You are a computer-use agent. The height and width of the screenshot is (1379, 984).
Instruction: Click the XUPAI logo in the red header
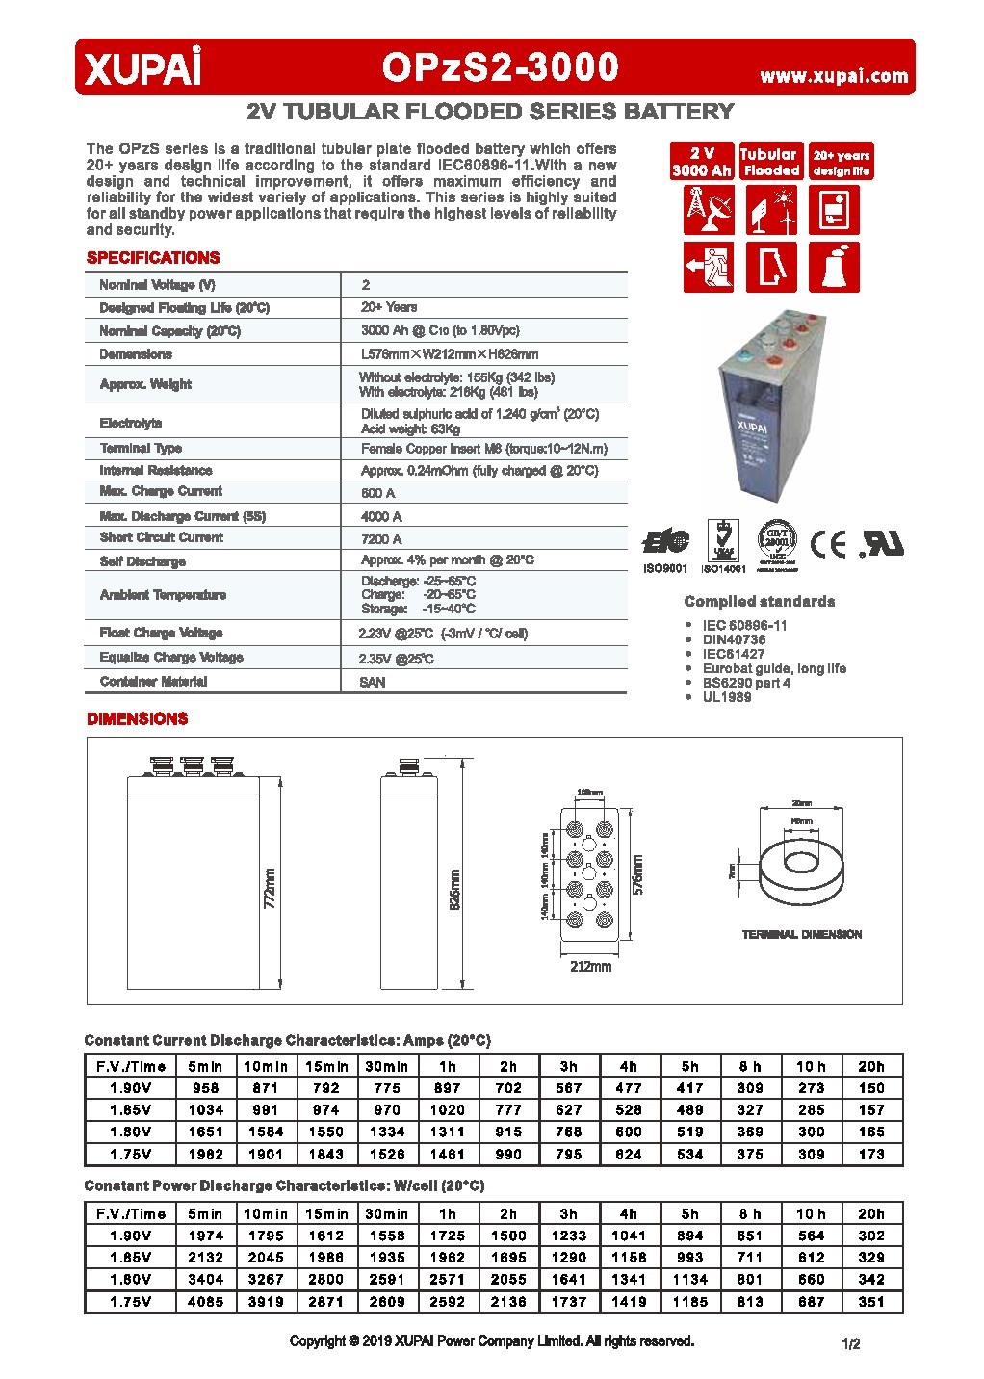click(x=143, y=69)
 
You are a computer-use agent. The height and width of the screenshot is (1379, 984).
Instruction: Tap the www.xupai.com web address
click(x=834, y=76)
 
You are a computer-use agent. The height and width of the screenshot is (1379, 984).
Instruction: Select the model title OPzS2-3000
click(x=500, y=67)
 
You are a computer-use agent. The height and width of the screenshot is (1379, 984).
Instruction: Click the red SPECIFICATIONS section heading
click(x=153, y=258)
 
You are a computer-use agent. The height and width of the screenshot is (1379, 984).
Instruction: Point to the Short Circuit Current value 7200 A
click(x=381, y=539)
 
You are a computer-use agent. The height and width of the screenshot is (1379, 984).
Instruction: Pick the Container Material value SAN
click(x=373, y=682)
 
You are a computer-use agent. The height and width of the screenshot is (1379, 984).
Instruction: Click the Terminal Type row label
click(x=141, y=448)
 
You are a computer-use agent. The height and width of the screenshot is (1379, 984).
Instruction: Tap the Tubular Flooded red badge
click(x=769, y=162)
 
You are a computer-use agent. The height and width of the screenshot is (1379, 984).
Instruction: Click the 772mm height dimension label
click(x=270, y=888)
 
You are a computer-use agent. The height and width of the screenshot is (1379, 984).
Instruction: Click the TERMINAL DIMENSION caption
click(x=801, y=934)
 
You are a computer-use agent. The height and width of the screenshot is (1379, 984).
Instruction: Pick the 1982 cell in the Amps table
click(x=206, y=1154)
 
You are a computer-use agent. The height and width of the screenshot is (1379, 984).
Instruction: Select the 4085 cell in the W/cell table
click(x=206, y=1301)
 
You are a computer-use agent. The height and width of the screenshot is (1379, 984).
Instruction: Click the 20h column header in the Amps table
click(x=871, y=1066)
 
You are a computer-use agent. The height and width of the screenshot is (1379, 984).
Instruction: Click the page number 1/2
click(x=850, y=1343)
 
